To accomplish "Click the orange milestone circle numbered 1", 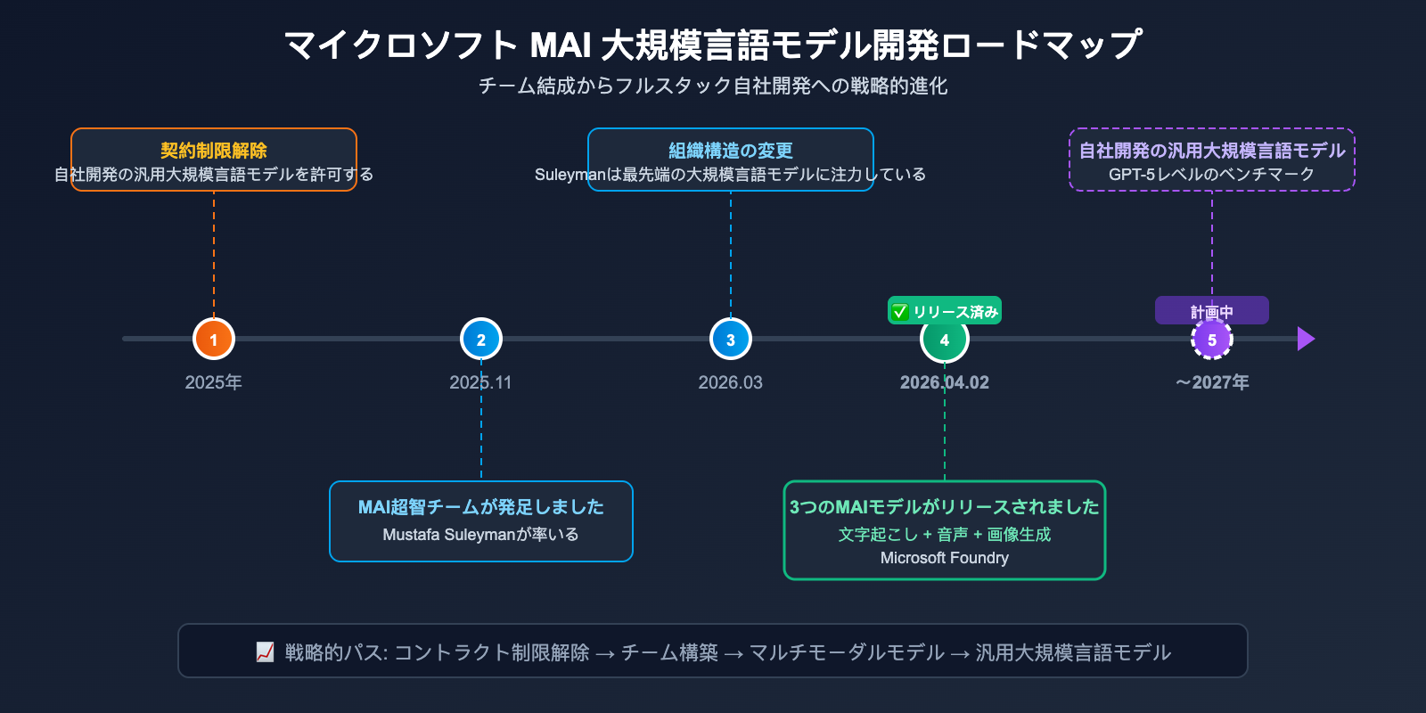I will pos(214,339).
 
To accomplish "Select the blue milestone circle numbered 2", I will pos(481,339).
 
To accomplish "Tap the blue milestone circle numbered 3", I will pos(731,339).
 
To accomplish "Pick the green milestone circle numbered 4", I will pos(945,340).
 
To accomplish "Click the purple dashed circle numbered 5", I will pos(1212,340).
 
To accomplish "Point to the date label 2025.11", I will pos(480,382).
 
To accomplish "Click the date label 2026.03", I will pos(730,382).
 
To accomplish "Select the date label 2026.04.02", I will pos(944,382).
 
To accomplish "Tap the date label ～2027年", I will pos(1212,382).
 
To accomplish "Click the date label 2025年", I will pos(213,382).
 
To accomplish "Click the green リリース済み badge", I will pos(945,311).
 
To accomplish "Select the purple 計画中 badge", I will pos(1211,311).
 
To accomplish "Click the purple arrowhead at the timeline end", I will pos(1306,339).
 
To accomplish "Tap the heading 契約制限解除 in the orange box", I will pos(214,151).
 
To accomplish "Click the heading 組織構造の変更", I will pos(731,151).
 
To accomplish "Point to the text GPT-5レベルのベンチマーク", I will pos(1211,175).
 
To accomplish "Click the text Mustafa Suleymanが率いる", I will pos(480,535).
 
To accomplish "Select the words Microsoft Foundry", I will pos(944,558).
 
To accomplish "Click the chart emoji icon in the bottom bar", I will pos(265,652).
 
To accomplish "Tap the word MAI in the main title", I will pos(561,45).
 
